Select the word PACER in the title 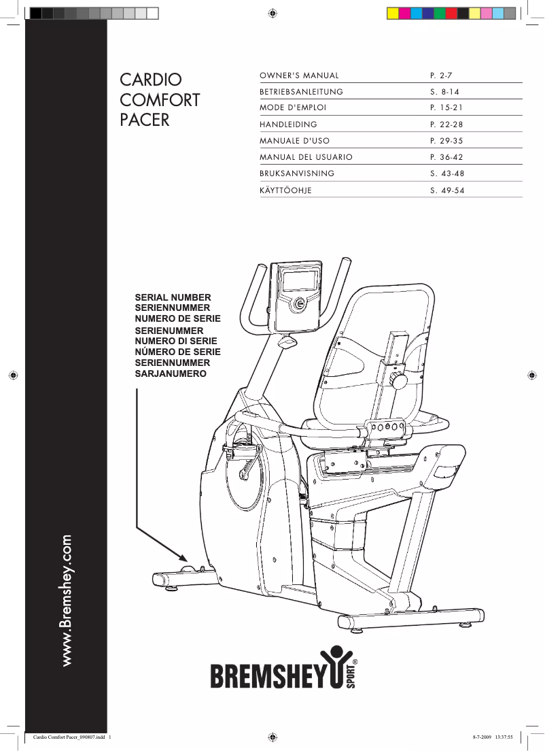coord(144,121)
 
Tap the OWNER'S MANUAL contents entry coord(299,75)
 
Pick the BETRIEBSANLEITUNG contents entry coord(301,91)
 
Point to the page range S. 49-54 coord(447,190)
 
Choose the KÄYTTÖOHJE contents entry coord(285,190)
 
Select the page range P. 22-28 coord(446,124)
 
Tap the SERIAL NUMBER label coord(173,298)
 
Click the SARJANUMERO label coord(171,374)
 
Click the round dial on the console coord(300,305)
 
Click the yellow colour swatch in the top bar coord(392,13)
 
